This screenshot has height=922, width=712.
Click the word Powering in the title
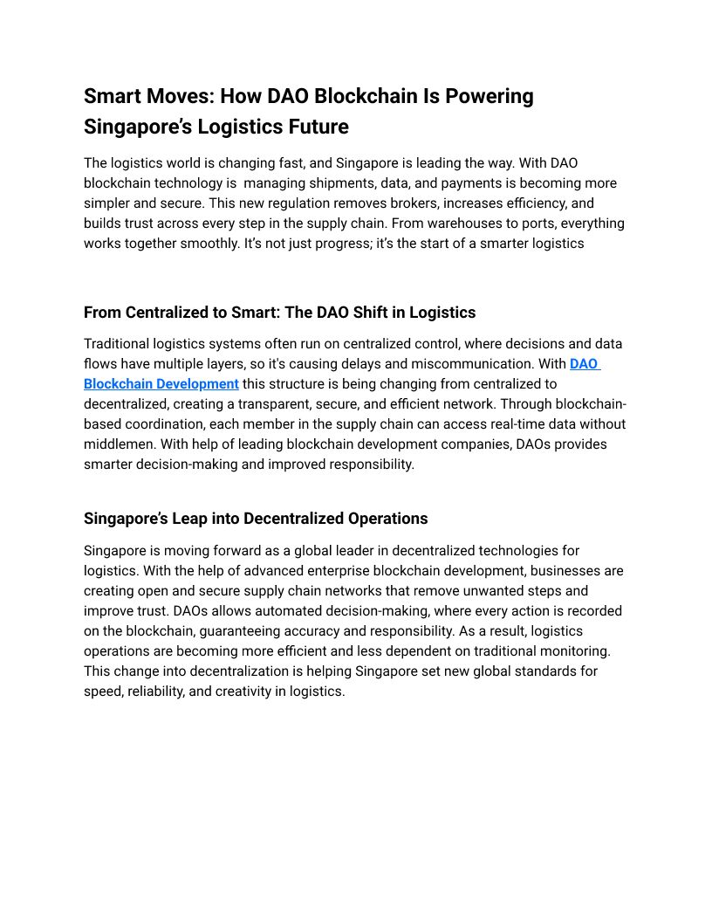pos(489,95)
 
